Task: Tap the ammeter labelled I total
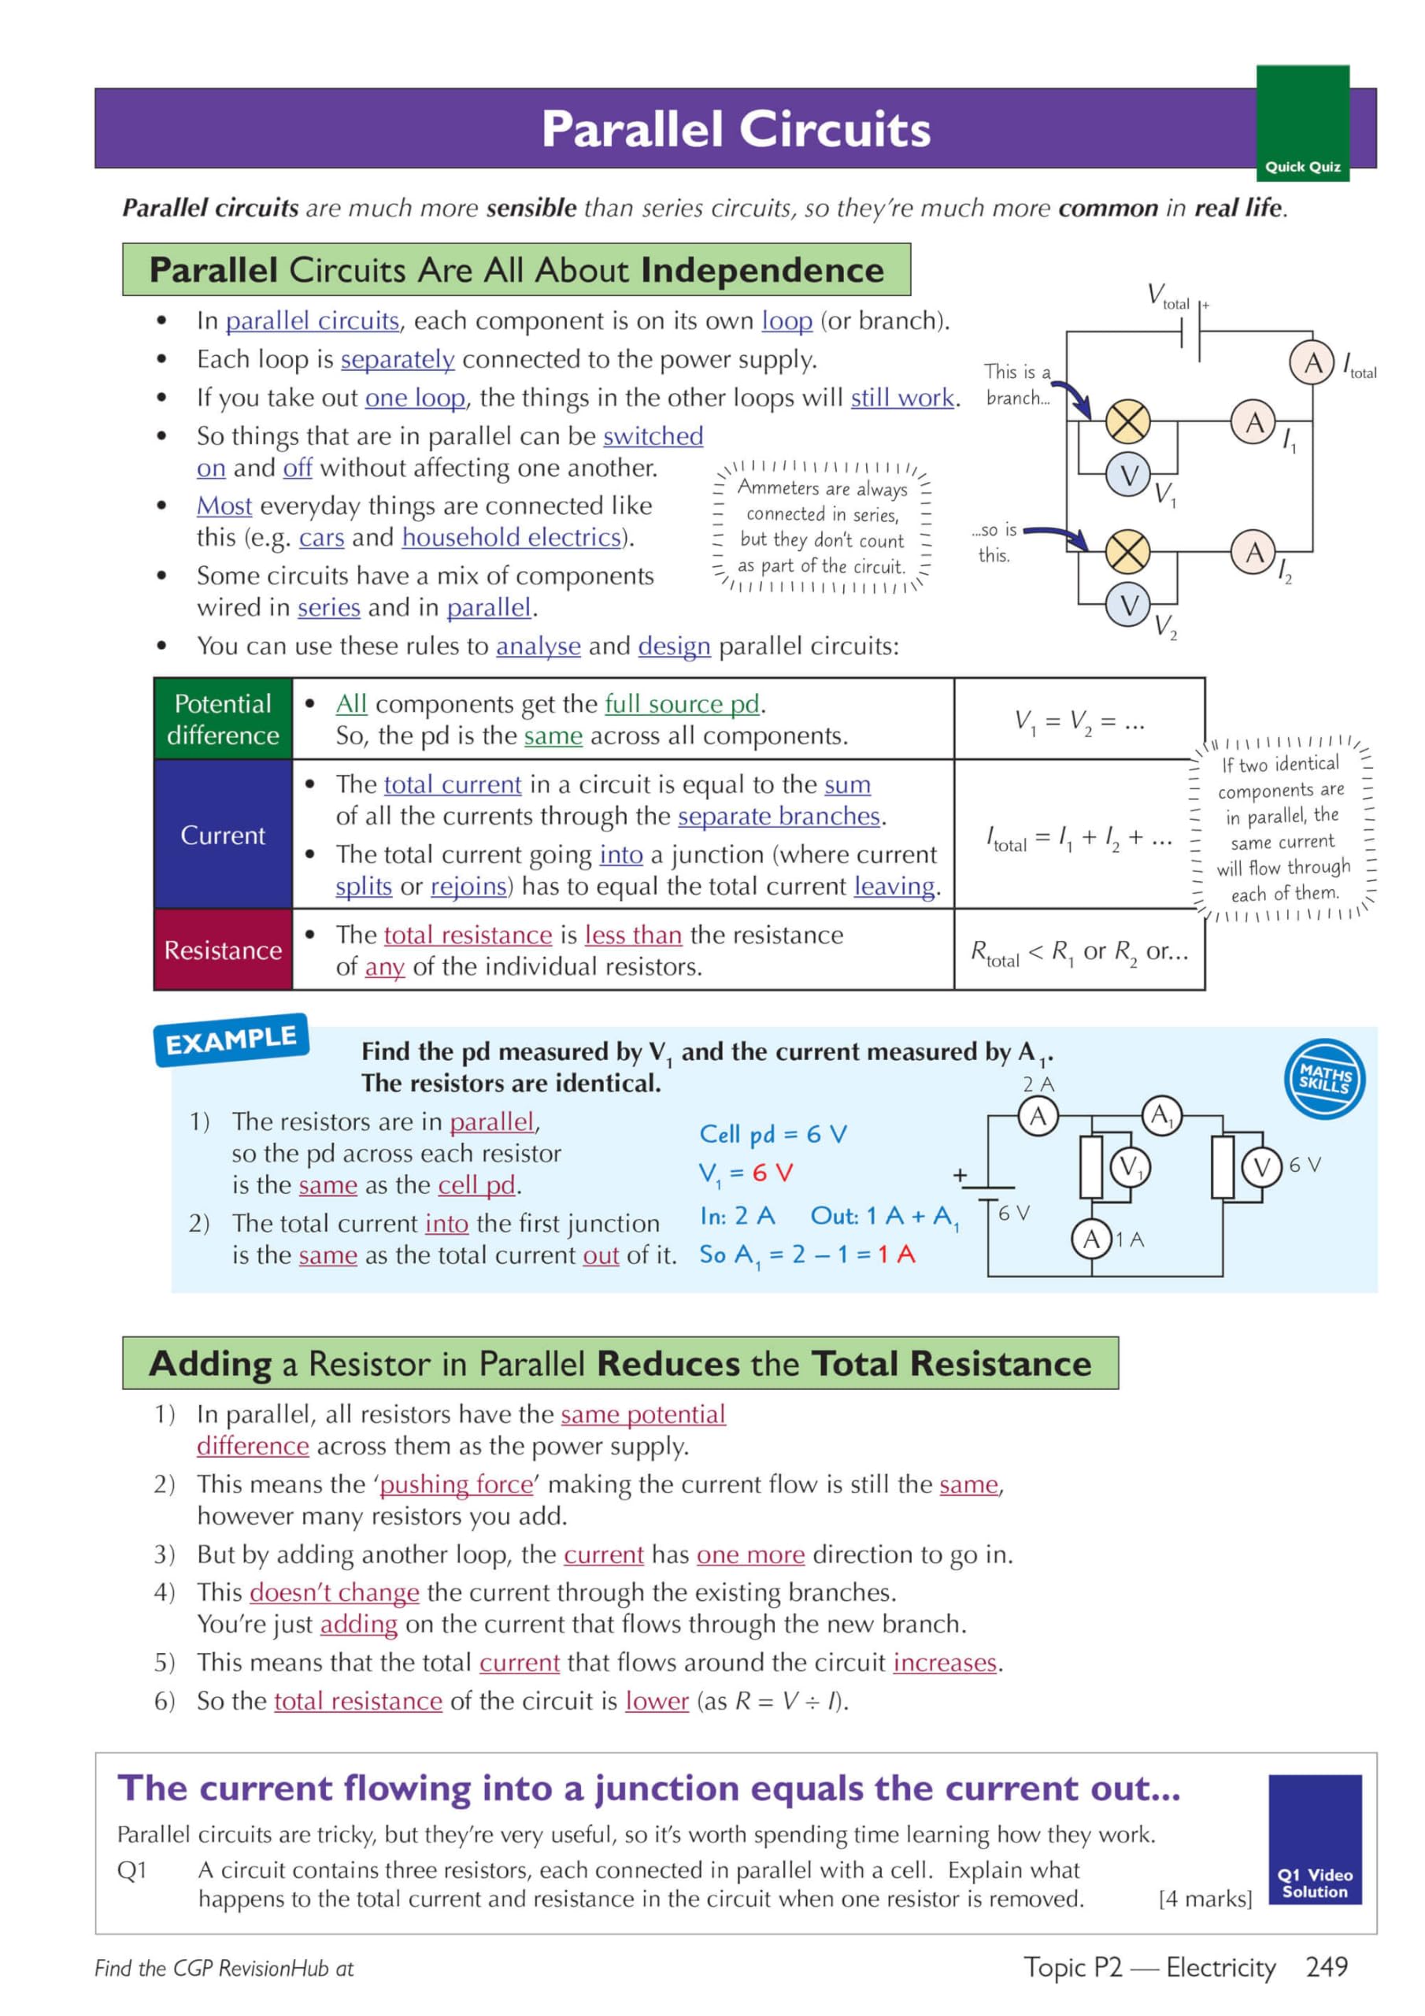(x=1312, y=361)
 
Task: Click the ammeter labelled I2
(x=1254, y=552)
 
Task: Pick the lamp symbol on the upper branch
(x=1127, y=422)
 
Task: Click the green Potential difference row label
(x=223, y=719)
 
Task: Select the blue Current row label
(x=223, y=834)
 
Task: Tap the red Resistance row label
(x=223, y=950)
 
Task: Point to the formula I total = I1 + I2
(x=1079, y=838)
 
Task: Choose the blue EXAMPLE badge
(x=231, y=1040)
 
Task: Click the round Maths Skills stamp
(x=1324, y=1078)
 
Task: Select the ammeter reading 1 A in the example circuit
(x=1091, y=1239)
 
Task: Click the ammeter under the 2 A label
(x=1038, y=1116)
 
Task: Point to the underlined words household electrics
(x=512, y=537)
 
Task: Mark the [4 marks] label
(x=1205, y=1899)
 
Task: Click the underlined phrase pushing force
(x=456, y=1484)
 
